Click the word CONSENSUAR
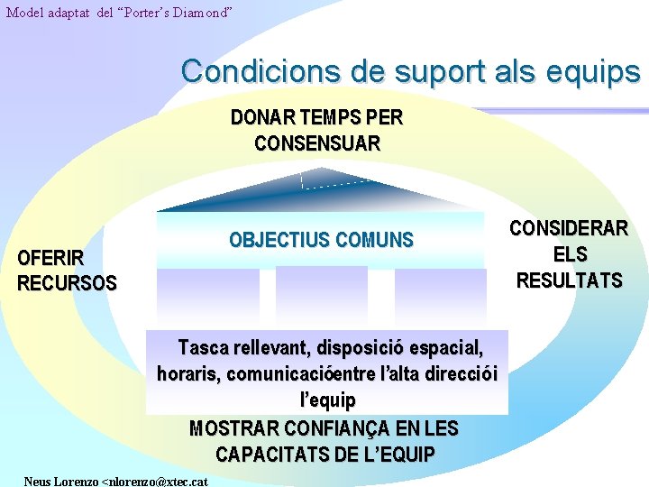pos(317,143)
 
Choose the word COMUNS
pos(374,240)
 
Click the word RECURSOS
pos(67,283)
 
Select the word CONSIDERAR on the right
pos(569,229)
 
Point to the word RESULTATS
pos(569,280)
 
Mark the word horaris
pos(187,373)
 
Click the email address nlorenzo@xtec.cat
pos(160,481)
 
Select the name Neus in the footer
pos(38,481)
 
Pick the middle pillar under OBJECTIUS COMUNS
pos(320,295)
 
